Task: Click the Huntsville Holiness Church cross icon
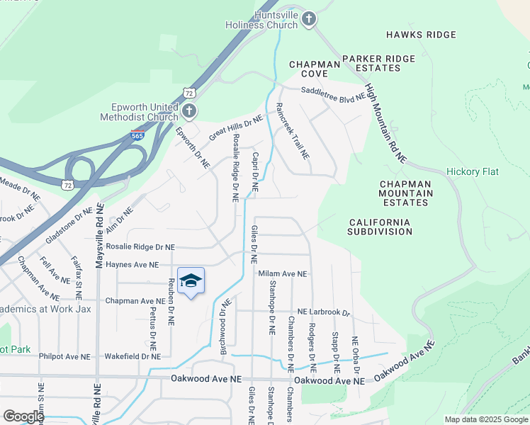(x=308, y=19)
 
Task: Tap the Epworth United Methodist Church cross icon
(x=188, y=111)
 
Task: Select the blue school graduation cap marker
(x=190, y=282)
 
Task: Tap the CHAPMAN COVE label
(x=308, y=69)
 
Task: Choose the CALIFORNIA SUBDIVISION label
(x=380, y=227)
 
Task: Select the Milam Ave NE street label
(x=282, y=274)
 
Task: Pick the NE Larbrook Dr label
(x=323, y=312)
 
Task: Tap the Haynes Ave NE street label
(x=132, y=264)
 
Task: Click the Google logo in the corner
(x=23, y=416)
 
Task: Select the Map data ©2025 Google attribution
(x=485, y=419)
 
